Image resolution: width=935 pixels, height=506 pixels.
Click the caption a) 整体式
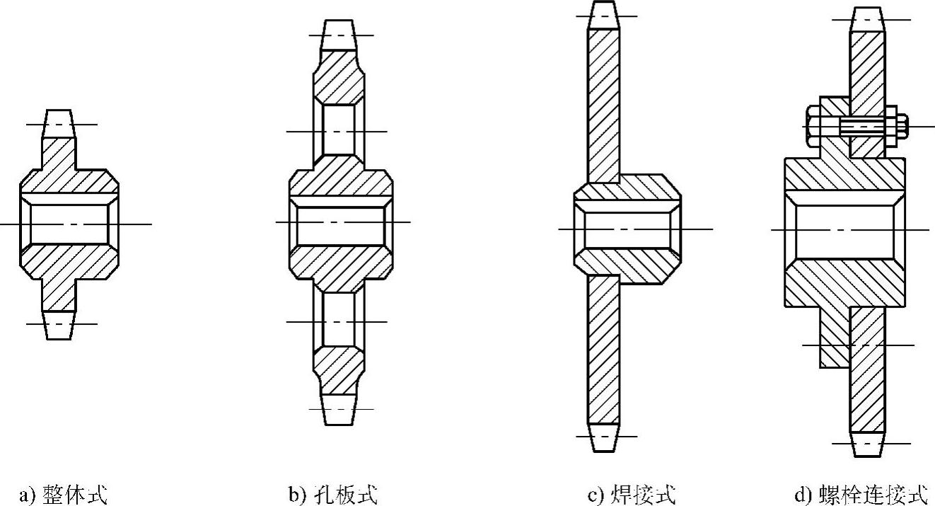tap(63, 494)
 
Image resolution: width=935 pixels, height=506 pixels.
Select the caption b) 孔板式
tap(332, 494)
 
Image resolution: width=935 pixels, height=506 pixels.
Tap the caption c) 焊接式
tap(632, 494)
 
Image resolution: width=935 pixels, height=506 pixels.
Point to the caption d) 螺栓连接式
tap(860, 494)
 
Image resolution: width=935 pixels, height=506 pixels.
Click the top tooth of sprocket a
tap(58, 124)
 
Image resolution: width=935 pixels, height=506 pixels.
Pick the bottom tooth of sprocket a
tap(58, 325)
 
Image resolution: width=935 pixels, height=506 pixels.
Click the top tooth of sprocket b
tap(339, 35)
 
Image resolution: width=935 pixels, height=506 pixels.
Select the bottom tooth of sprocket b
tap(339, 409)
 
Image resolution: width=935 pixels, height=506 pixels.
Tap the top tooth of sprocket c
tap(603, 16)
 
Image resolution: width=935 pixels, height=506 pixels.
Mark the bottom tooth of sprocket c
tap(603, 437)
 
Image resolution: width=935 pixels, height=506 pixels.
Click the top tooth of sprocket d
tap(867, 20)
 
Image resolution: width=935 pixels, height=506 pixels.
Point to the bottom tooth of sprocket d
tap(867, 444)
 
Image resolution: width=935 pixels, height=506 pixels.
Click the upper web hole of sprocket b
tap(339, 131)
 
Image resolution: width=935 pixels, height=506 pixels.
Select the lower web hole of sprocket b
tap(339, 321)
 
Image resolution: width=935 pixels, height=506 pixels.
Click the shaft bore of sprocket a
tap(69, 224)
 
